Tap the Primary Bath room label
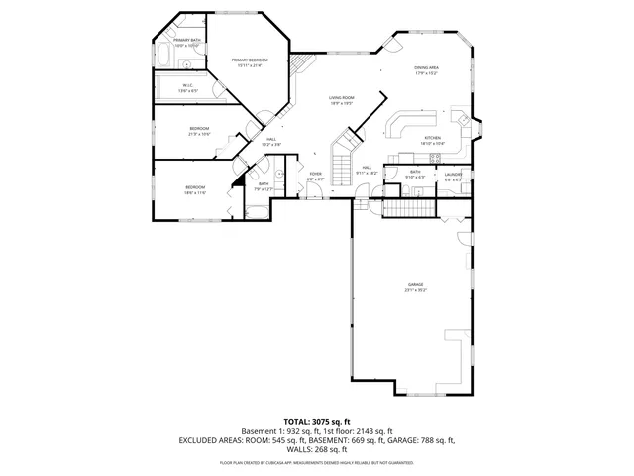pos(187,43)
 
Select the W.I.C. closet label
pos(187,88)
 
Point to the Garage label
pos(414,287)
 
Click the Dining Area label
pos(427,70)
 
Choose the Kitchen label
pos(432,140)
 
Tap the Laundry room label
pos(453,175)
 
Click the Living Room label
pos(343,100)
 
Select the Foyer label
pos(316,177)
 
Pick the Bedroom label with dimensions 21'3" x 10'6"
pos(199,131)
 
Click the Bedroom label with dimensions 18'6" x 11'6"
pos(194,189)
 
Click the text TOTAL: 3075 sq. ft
pos(316,421)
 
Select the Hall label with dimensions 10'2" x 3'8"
pos(271,142)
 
